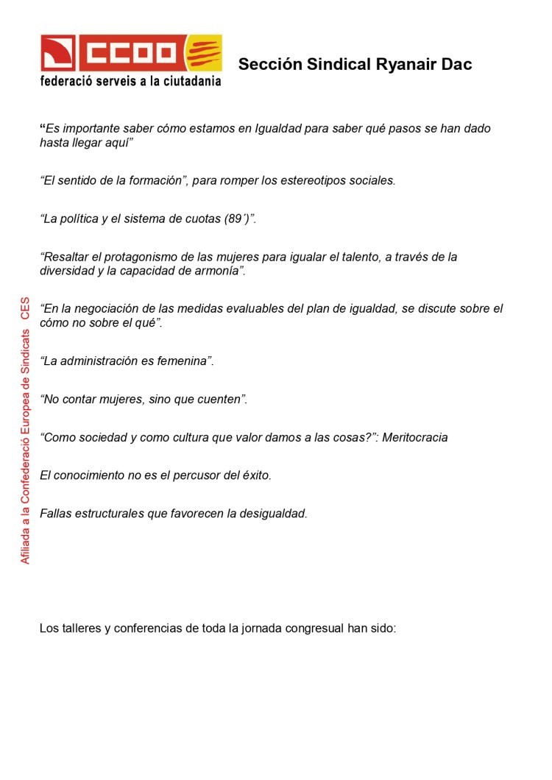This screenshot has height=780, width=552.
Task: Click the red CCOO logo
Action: (110, 52)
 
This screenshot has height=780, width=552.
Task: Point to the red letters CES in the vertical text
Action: (26, 308)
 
